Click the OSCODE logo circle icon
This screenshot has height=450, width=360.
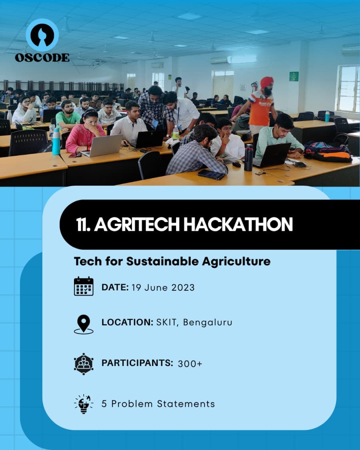42,35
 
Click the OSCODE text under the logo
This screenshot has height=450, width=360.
42,58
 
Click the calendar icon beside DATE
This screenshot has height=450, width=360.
84,286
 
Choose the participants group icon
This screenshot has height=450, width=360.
84,363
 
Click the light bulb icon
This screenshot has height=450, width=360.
84,403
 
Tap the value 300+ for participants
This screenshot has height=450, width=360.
190,364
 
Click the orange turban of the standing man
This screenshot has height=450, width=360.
267,82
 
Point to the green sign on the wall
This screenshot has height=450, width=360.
294,76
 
